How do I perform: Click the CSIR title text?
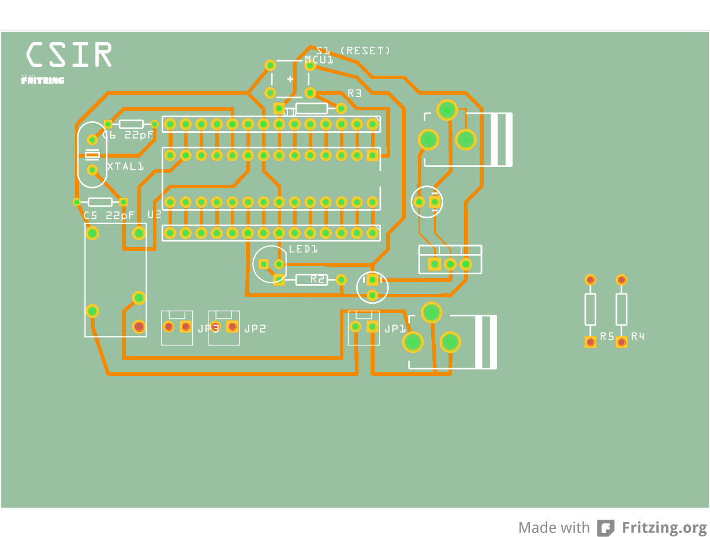(69, 55)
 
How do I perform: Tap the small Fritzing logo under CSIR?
(43, 80)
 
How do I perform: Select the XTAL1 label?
(125, 166)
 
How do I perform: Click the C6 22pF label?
(128, 135)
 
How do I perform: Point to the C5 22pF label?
(109, 215)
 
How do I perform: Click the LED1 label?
(304, 249)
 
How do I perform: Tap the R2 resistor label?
(318, 279)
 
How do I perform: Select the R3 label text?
(354, 93)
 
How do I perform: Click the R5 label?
(607, 336)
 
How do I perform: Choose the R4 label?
(638, 336)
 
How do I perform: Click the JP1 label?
(395, 329)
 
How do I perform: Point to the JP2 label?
(255, 329)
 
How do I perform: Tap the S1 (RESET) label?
(353, 51)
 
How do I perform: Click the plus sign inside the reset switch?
(290, 79)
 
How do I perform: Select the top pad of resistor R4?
(622, 280)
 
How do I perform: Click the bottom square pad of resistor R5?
(591, 342)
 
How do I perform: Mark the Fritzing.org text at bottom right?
(664, 528)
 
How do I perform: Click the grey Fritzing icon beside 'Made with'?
(606, 528)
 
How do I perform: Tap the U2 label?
(154, 215)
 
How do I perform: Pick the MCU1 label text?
(319, 60)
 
